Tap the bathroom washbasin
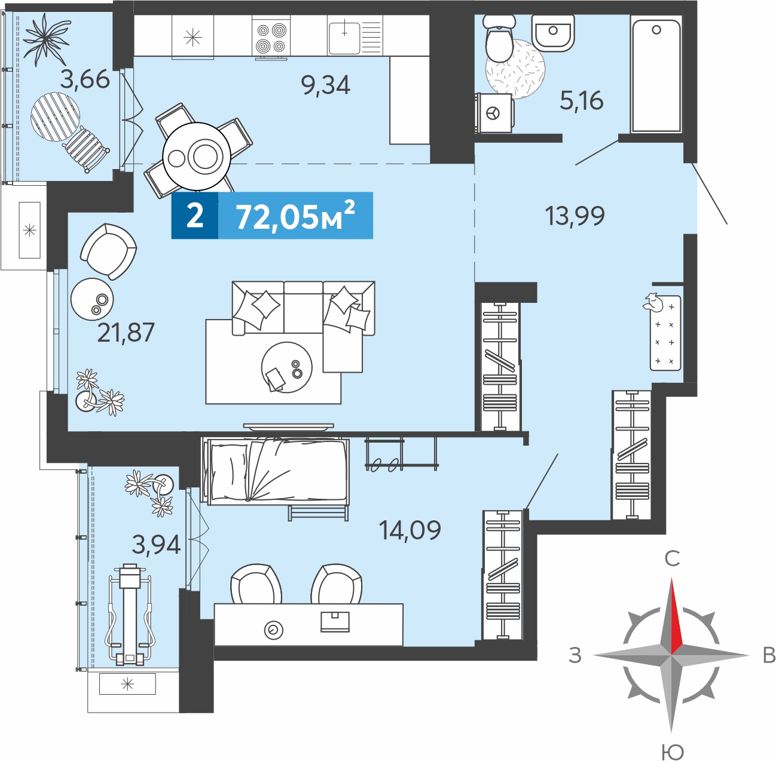click(x=553, y=33)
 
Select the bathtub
click(x=656, y=75)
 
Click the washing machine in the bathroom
click(x=494, y=113)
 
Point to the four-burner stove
click(x=271, y=38)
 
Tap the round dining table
click(x=197, y=156)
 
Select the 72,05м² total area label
click(x=295, y=216)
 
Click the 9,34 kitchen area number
click(x=326, y=86)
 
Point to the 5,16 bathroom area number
click(x=582, y=100)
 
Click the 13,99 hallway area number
click(x=575, y=216)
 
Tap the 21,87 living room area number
click(x=126, y=332)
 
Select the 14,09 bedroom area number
click(x=410, y=530)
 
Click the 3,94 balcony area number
click(x=156, y=545)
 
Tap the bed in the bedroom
click(x=276, y=471)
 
